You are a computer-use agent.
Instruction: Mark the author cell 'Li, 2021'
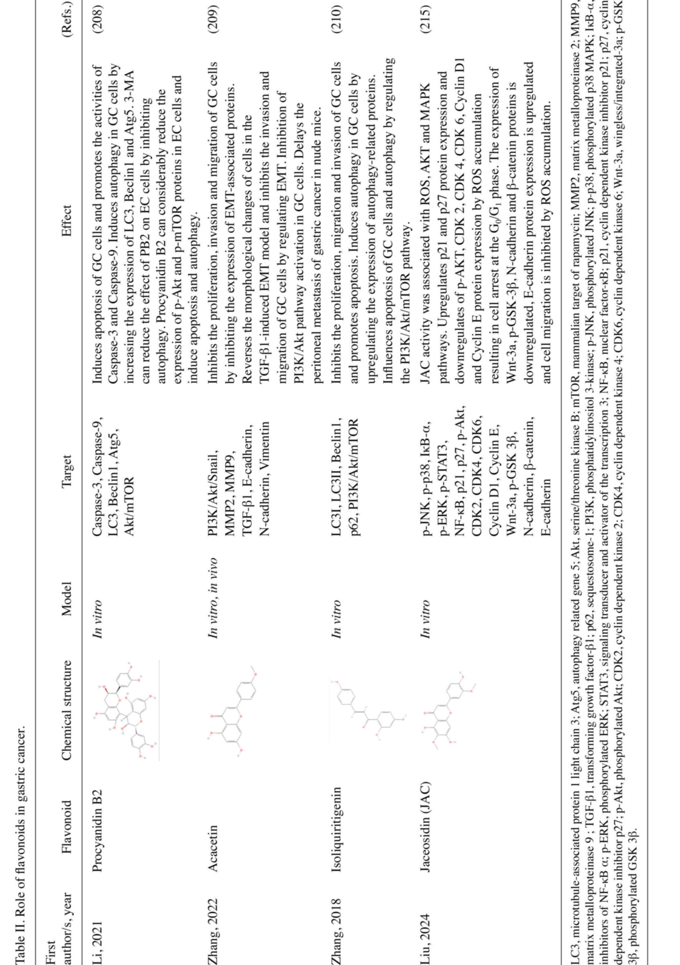(100, 933)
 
